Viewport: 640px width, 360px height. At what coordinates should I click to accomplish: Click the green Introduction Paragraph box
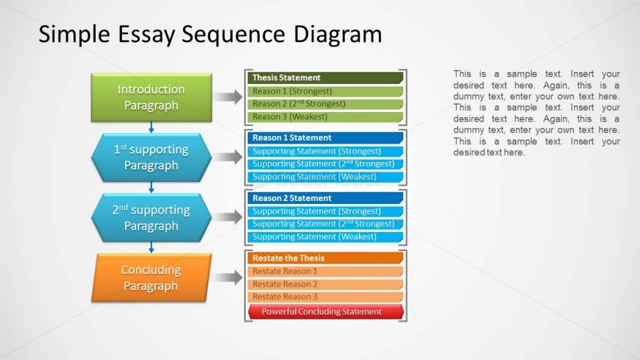click(x=151, y=97)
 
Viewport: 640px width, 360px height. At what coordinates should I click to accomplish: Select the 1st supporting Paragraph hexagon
click(x=151, y=158)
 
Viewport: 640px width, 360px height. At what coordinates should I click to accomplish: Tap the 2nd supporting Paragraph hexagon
click(x=151, y=218)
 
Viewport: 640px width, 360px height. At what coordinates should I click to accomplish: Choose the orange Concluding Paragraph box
click(x=151, y=278)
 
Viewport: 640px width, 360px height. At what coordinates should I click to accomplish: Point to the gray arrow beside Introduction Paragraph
click(x=230, y=97)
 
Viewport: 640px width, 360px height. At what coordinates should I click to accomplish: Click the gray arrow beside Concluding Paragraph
click(x=230, y=278)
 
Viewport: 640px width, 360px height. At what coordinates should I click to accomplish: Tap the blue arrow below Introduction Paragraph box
click(x=151, y=127)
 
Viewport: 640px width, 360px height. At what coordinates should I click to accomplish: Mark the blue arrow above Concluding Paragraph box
click(x=151, y=247)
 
